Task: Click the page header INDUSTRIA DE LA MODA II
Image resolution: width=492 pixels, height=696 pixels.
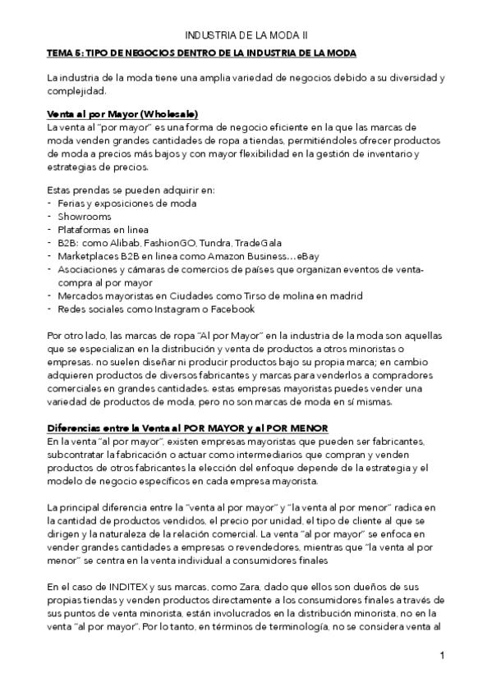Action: (x=246, y=36)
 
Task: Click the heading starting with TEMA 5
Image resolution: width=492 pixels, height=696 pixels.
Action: (x=201, y=53)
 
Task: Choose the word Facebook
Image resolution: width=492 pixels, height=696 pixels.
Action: (x=230, y=309)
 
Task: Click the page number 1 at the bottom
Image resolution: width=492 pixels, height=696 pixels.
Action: (x=442, y=657)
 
